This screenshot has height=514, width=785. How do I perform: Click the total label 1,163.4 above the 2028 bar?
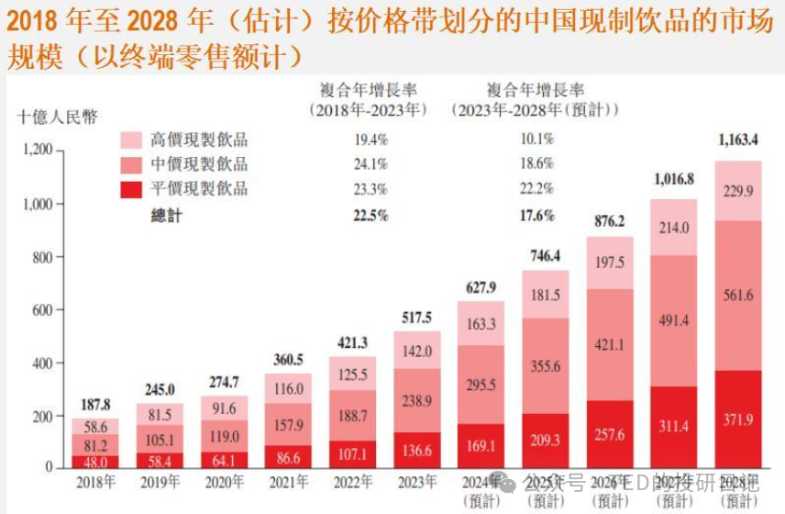click(737, 141)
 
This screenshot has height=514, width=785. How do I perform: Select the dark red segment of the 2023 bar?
click(416, 450)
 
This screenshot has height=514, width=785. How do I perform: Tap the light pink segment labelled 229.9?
click(737, 191)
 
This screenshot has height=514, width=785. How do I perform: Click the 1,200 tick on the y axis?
click(36, 151)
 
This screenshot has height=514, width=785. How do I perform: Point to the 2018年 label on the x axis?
click(94, 481)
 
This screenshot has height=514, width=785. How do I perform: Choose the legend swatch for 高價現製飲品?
click(132, 140)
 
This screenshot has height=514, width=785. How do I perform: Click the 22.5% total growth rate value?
click(370, 216)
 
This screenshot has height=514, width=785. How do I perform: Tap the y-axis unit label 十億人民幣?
click(56, 117)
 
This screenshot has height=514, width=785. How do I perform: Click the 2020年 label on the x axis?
click(224, 481)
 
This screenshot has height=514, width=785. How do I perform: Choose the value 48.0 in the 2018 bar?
click(94, 462)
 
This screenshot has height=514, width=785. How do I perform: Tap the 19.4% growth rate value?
click(370, 140)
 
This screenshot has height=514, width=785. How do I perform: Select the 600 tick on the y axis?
click(42, 309)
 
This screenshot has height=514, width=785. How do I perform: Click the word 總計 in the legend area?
click(167, 216)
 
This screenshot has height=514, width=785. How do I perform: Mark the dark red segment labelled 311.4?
click(674, 428)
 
